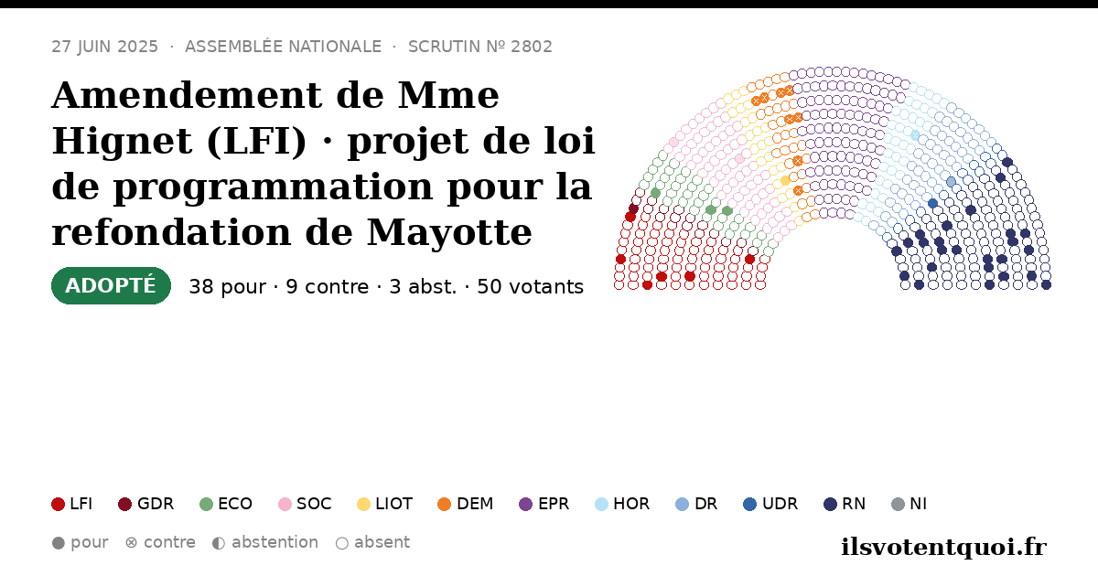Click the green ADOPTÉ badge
111,285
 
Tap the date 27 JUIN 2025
105,47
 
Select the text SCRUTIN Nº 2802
479,47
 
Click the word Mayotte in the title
449,232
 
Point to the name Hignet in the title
122,141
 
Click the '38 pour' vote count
228,287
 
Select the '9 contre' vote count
327,287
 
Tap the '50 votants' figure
531,287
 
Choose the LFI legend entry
72,504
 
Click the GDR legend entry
146,504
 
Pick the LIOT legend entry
385,504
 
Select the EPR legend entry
544,504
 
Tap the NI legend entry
909,504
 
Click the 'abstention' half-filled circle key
219,543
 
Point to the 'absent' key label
382,542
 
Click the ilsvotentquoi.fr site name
943,547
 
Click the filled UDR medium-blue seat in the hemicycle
932,203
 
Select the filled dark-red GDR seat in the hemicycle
633,208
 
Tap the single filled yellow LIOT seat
785,181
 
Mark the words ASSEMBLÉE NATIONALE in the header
283,47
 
